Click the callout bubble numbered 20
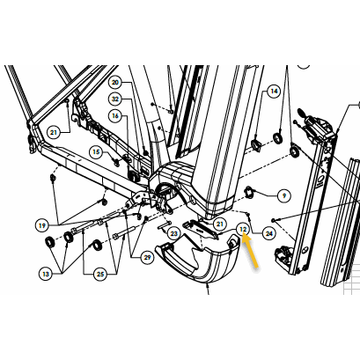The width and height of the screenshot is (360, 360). tap(115, 83)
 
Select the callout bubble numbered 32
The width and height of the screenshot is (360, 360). tap(115, 99)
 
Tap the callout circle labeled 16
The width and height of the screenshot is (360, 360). tap(115, 116)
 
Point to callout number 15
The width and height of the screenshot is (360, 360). tap(96, 152)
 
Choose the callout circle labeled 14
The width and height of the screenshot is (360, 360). tap(274, 91)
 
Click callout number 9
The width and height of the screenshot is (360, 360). tap(283, 195)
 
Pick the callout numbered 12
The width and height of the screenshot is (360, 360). tap(243, 229)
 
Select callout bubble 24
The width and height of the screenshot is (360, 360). tap(269, 233)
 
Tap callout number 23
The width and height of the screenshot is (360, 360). tap(174, 233)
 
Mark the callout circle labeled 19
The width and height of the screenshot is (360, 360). tap(42, 225)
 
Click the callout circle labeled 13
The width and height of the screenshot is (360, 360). tap(46, 274)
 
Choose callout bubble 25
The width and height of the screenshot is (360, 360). tap(100, 274)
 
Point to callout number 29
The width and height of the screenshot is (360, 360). tap(147, 257)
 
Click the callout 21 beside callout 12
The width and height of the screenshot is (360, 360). tap(220, 224)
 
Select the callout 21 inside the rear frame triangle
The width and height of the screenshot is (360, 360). tap(54, 133)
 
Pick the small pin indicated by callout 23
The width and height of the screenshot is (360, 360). tap(164, 225)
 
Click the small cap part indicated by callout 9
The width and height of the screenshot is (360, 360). tap(249, 190)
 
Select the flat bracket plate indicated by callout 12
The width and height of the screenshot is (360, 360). tap(201, 230)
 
